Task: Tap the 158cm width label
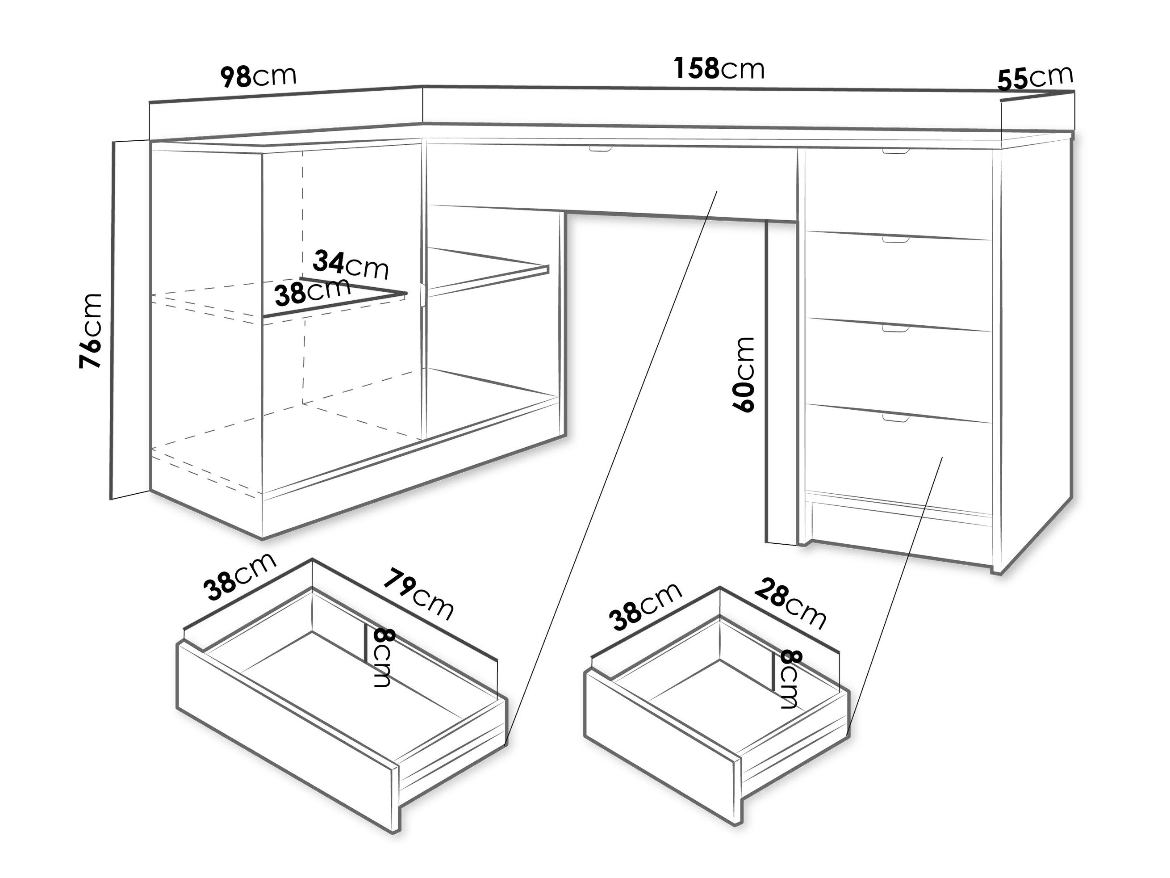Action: [x=719, y=69]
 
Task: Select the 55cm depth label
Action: [x=1035, y=78]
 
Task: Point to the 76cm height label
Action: [x=89, y=330]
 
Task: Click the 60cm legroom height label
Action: [x=743, y=374]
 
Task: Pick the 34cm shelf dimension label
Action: [x=351, y=264]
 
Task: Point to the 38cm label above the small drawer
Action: [x=645, y=606]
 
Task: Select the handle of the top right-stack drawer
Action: [x=896, y=152]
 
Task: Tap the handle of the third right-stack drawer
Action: [x=896, y=329]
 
